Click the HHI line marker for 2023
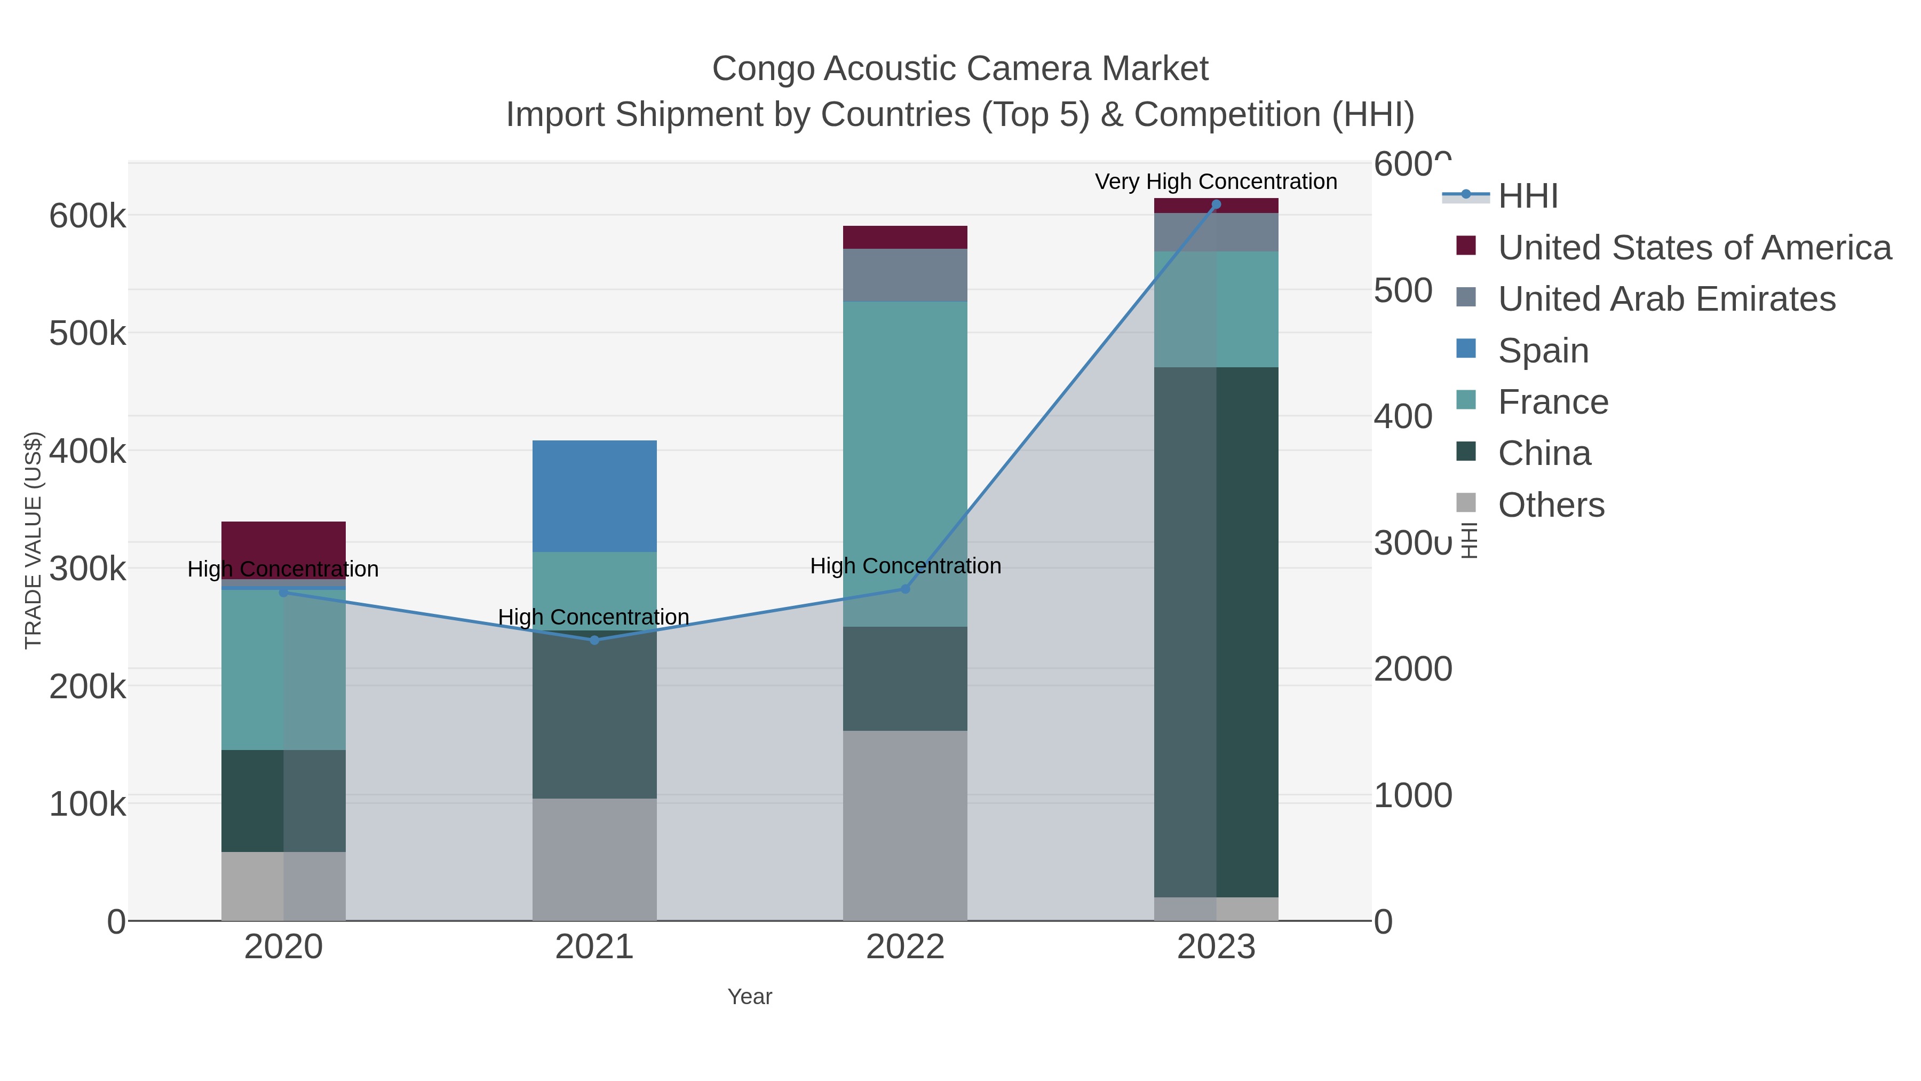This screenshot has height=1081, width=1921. [x=1216, y=204]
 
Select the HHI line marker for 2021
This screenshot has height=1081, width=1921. [x=594, y=640]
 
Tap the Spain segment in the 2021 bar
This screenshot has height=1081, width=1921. [x=594, y=496]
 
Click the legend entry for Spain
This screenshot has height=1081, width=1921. [x=1542, y=351]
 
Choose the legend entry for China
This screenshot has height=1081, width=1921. [x=1544, y=454]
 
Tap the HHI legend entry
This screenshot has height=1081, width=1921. [x=1527, y=196]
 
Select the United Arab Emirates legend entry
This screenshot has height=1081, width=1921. [x=1666, y=299]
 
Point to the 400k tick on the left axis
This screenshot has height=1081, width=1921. [x=88, y=451]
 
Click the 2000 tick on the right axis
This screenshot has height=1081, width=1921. [x=1412, y=669]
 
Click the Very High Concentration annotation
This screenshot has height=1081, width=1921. [x=1216, y=182]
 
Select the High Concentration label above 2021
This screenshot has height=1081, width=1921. [x=593, y=617]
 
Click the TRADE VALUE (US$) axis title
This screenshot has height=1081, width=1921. [x=34, y=540]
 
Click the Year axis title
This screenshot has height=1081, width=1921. [x=750, y=997]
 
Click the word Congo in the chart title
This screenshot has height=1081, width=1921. [x=763, y=69]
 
